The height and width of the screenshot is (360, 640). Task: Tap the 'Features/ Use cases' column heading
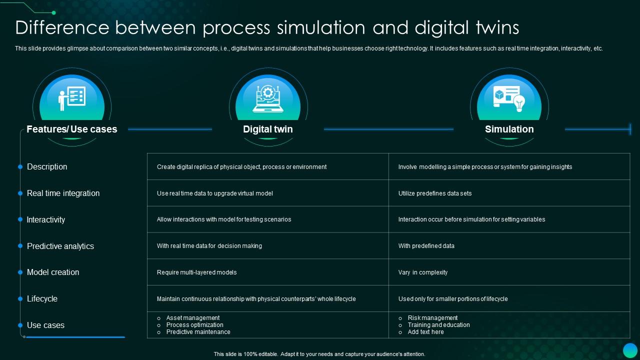(x=71, y=129)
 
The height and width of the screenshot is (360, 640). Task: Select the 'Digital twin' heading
(x=267, y=129)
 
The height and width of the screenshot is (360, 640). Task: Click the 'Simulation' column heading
(x=509, y=129)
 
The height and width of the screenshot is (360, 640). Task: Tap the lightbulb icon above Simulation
(x=519, y=103)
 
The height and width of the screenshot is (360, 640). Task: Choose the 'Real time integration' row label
(x=63, y=193)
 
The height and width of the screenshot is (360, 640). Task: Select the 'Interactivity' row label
(x=45, y=219)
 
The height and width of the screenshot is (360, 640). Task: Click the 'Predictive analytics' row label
(x=60, y=246)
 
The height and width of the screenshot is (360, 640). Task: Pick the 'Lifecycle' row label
(x=42, y=298)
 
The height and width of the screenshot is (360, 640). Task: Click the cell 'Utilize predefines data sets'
(x=434, y=193)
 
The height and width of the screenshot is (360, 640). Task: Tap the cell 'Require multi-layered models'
(x=196, y=272)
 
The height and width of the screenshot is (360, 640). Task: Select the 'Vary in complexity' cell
(x=422, y=272)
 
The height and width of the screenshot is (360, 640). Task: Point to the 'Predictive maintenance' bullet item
(x=198, y=332)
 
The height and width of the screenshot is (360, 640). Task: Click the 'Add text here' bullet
(x=425, y=332)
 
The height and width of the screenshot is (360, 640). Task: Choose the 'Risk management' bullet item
(x=432, y=318)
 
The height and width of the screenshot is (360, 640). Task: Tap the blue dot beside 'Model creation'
(x=20, y=272)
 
